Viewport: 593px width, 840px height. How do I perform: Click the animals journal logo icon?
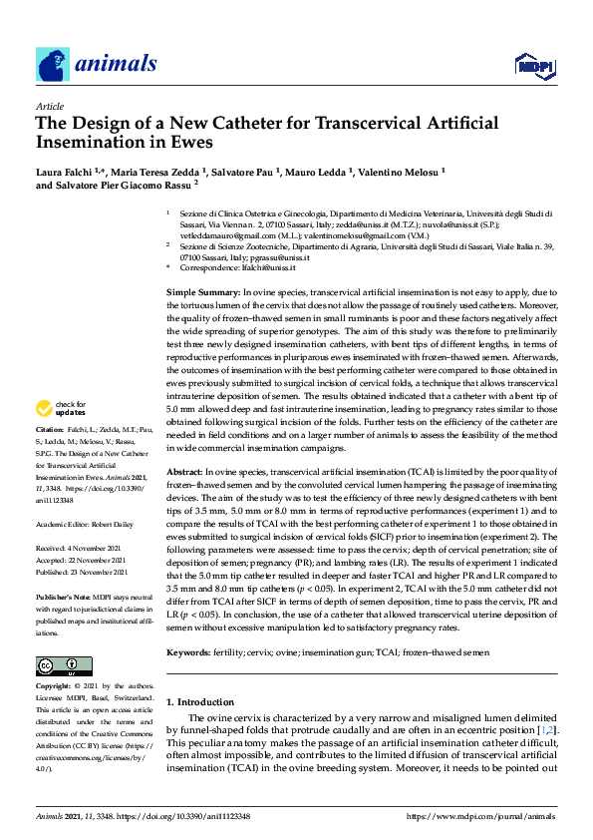[x=53, y=64]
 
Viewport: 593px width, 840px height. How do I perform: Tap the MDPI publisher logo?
[x=533, y=66]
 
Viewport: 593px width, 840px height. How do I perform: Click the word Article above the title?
[x=50, y=106]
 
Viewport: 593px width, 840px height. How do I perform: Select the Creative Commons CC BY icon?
[x=58, y=666]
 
